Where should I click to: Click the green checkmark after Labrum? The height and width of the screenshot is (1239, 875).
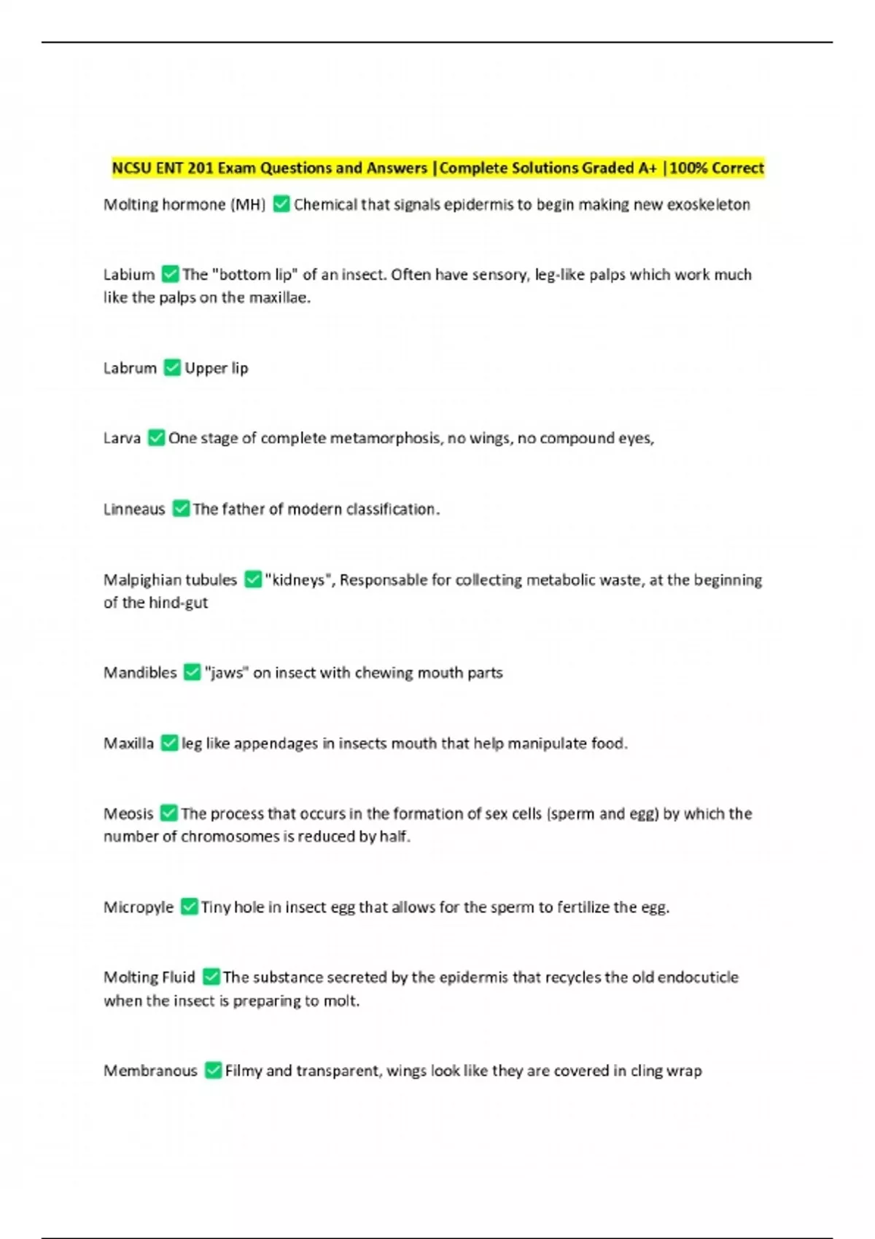point(172,367)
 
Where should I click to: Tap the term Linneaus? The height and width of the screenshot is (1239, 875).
point(134,509)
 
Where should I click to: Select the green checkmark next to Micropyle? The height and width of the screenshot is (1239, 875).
point(189,907)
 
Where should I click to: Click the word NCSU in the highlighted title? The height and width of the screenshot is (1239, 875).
point(131,168)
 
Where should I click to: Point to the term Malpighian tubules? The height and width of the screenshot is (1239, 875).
point(170,579)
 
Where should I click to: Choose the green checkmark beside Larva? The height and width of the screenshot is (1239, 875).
point(156,437)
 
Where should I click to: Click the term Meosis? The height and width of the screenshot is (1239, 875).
point(128,813)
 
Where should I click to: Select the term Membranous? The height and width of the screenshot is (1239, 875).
point(150,1071)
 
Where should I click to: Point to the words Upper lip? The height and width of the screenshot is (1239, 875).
point(217,368)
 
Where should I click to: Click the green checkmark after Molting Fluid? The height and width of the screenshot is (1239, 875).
point(211,977)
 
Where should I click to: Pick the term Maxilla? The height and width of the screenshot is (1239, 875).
point(128,743)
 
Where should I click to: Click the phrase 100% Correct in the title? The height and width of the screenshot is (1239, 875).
point(717,168)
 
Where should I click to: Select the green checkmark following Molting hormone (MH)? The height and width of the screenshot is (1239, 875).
point(281,204)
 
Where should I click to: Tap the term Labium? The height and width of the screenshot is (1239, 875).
point(129,274)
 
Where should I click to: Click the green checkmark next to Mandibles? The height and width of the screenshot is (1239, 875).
point(192,672)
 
